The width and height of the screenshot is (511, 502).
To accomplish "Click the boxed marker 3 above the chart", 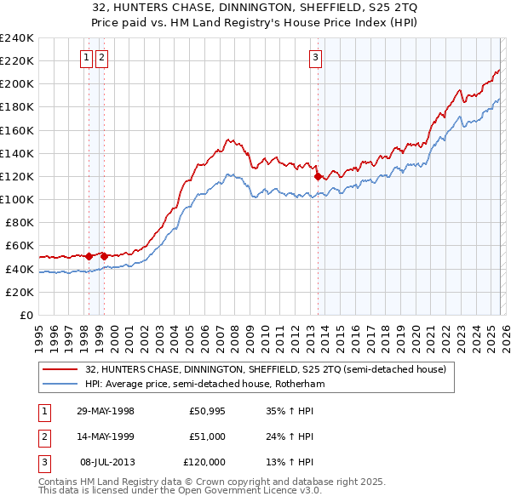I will tap(315, 58).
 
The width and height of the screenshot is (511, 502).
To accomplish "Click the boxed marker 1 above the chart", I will tap(87, 58).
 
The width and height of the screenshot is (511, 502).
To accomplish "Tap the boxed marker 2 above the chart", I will tap(101, 58).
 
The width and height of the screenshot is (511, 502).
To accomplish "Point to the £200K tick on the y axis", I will tap(17, 84).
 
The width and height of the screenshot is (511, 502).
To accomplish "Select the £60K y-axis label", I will tap(20, 246).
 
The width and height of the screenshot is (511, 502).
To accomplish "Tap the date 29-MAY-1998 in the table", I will tap(106, 411).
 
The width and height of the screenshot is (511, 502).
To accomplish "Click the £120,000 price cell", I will tap(204, 462).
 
